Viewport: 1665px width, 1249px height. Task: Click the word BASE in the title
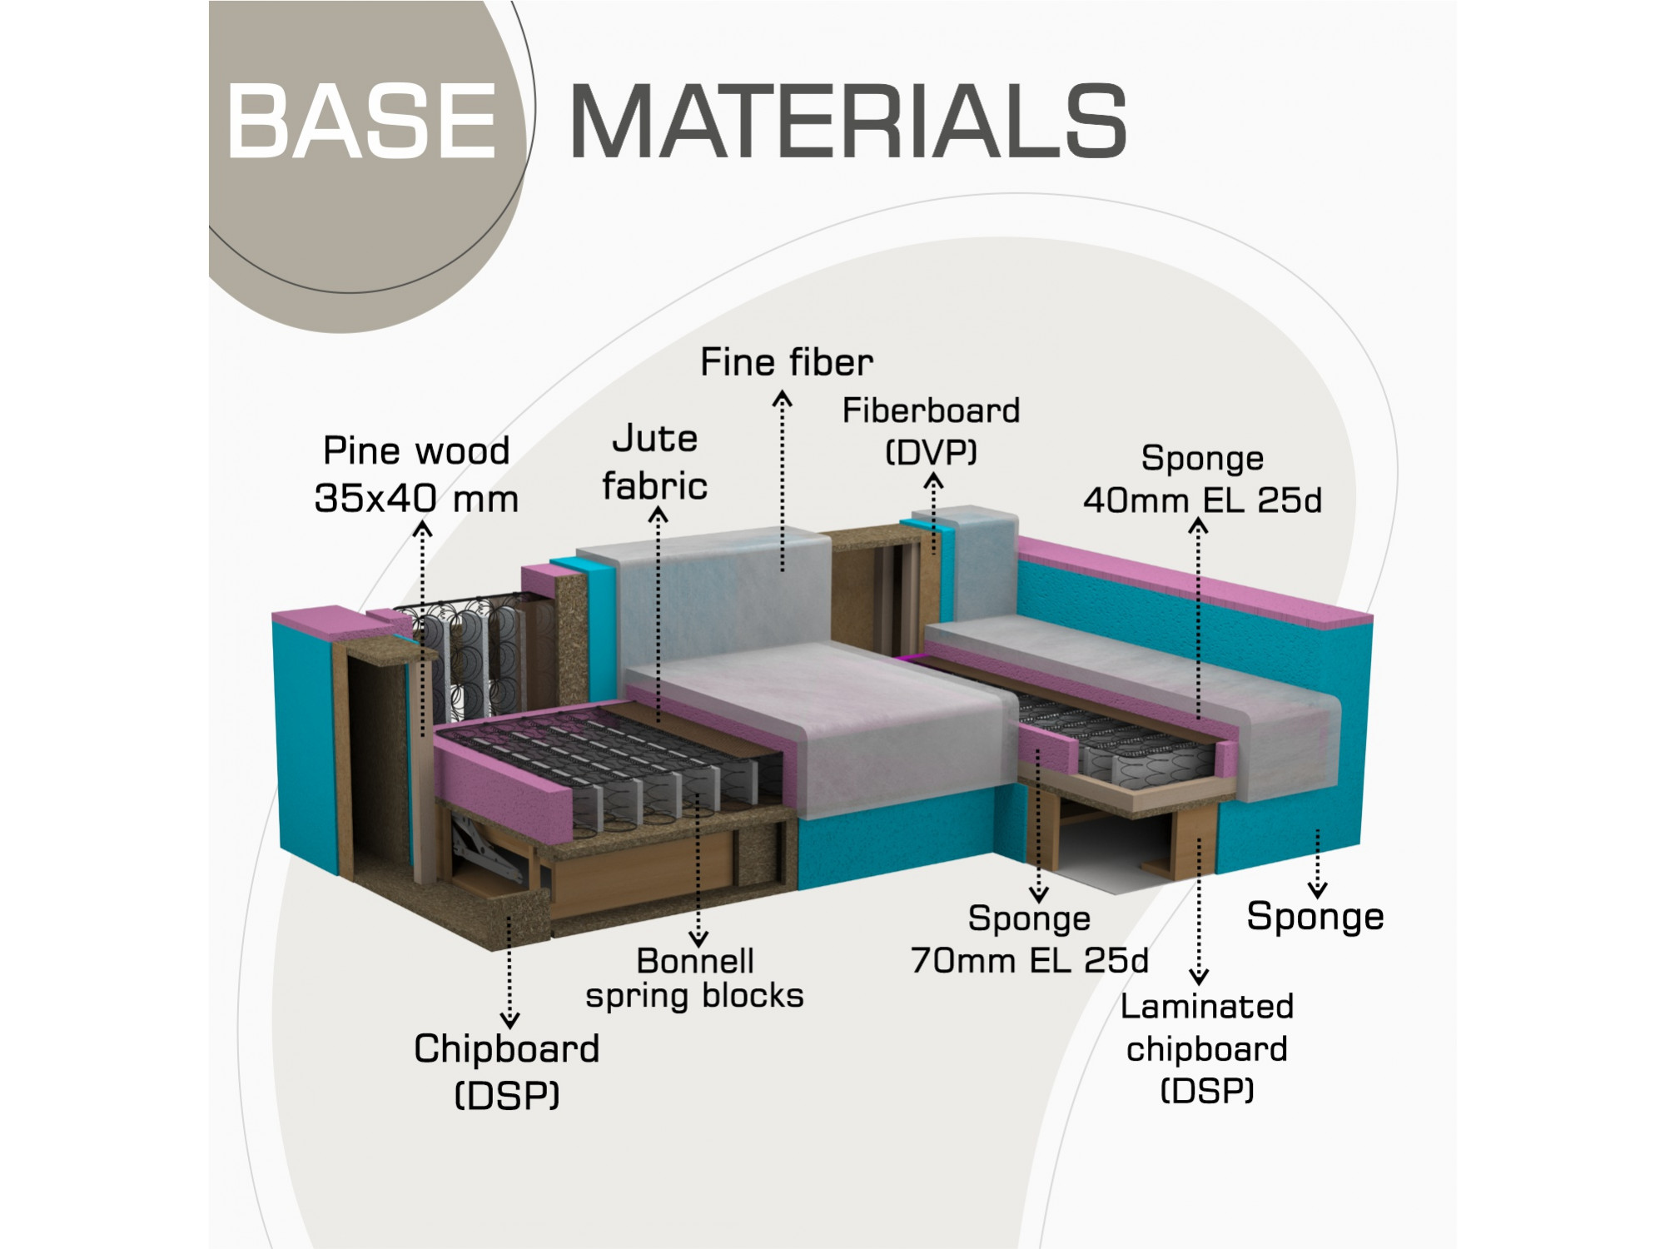pos(362,121)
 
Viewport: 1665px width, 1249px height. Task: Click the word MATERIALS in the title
pos(848,121)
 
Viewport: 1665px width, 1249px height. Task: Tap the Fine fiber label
pos(787,362)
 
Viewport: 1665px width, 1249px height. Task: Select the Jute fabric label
pos(655,462)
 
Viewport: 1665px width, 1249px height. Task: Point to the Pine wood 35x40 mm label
pos(416,475)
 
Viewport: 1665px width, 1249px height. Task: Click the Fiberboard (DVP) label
pos(931,430)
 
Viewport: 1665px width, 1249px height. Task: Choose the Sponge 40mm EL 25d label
pos(1202,479)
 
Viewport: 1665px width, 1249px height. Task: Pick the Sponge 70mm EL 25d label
pos(1030,939)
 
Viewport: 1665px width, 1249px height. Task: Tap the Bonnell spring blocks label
pos(695,978)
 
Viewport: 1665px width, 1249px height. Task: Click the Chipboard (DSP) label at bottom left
pos(507,1072)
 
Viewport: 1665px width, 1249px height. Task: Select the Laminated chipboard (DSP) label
pos(1207,1047)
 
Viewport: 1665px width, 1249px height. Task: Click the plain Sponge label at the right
pos(1315,917)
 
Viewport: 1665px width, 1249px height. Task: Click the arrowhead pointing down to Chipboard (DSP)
pos(509,1020)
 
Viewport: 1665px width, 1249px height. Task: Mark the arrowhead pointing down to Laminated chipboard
pos(1199,978)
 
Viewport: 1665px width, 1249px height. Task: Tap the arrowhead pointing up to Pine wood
pos(423,529)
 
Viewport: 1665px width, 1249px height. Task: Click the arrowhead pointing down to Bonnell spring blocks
pos(698,938)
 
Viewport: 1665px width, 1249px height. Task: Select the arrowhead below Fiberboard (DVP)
pos(934,480)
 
